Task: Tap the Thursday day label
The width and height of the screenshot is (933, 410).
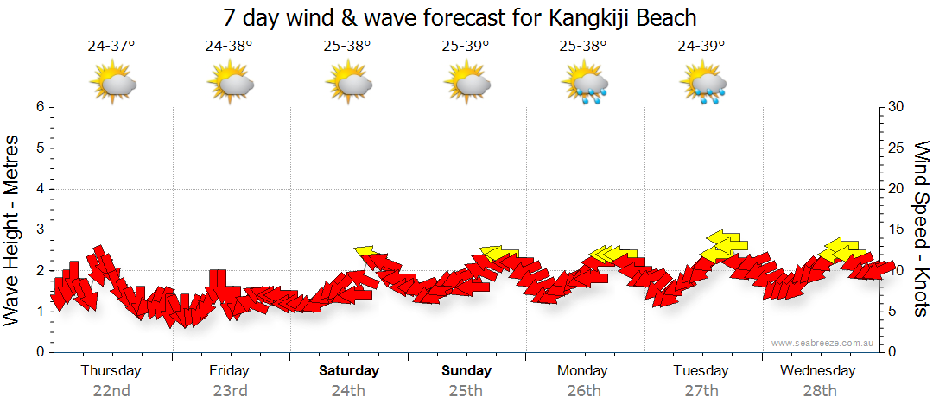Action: [111, 371]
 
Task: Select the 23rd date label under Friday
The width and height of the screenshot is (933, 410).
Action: [230, 390]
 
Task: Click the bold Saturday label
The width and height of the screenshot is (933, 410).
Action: [348, 371]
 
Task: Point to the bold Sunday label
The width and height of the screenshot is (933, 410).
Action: [466, 371]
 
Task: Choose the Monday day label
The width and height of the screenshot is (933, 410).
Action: [583, 371]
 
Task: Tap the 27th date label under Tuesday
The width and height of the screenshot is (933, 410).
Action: [701, 390]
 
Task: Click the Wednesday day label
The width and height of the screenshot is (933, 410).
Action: [817, 371]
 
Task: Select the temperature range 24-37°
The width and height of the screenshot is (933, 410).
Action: [111, 47]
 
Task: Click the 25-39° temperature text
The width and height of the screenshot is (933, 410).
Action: [466, 47]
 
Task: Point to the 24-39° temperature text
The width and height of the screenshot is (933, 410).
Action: [701, 47]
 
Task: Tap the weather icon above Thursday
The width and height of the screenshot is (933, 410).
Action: [113, 83]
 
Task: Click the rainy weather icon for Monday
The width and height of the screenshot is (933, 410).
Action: [585, 84]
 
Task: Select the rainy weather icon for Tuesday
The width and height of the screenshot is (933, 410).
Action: [702, 84]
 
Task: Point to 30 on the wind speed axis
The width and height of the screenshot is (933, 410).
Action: [897, 107]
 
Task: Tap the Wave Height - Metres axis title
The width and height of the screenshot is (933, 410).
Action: [12, 230]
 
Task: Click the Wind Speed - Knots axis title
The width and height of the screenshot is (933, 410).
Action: [921, 230]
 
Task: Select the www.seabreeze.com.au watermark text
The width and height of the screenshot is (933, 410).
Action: [823, 343]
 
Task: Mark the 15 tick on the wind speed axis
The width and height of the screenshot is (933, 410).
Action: [896, 230]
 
